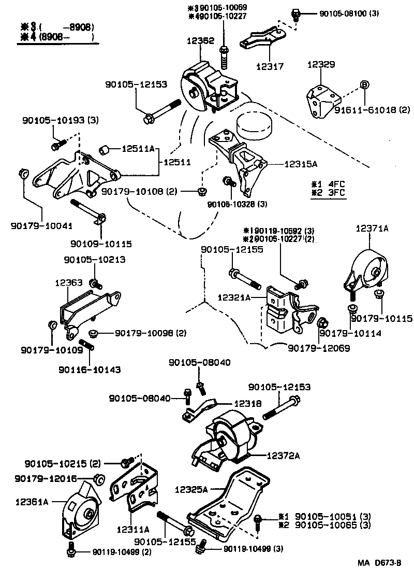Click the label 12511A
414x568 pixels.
coord(138,149)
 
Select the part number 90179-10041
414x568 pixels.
coord(41,225)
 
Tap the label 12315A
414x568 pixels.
coord(301,164)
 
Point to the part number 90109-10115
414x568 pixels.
coord(101,243)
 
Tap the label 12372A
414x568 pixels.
coord(284,455)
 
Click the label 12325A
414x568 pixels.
coord(191,489)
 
